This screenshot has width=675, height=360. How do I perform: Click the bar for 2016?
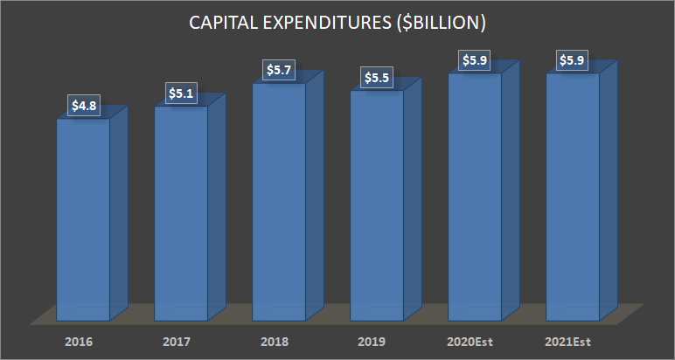click(x=83, y=218)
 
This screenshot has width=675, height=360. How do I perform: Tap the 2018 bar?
click(x=279, y=201)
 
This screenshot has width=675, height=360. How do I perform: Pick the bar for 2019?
click(x=377, y=204)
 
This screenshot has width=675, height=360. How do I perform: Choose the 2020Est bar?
click(x=475, y=197)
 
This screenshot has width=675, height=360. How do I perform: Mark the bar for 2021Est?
click(x=573, y=197)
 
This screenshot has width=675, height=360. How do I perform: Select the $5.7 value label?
click(x=279, y=69)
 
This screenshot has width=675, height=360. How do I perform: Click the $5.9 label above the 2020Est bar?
click(x=475, y=61)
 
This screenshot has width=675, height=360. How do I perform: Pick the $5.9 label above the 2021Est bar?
click(x=573, y=61)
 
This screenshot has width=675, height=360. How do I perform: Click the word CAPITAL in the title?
click(x=225, y=24)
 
